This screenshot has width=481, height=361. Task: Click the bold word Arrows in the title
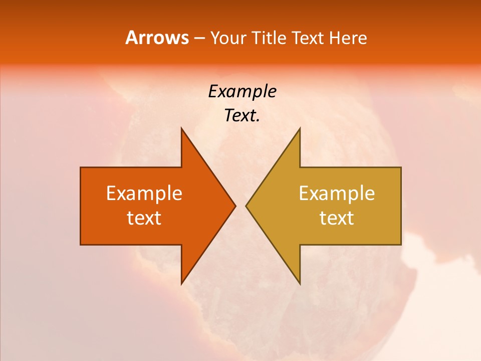(157, 38)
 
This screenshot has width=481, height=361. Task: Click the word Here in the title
(348, 38)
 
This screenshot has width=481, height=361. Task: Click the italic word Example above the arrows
(242, 92)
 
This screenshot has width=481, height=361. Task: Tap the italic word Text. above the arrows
(242, 116)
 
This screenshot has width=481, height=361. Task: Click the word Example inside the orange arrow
(144, 194)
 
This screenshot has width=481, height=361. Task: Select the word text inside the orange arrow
(144, 218)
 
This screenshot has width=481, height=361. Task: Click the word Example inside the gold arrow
(337, 194)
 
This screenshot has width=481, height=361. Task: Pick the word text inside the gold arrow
(337, 218)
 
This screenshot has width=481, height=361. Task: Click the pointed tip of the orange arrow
(235, 206)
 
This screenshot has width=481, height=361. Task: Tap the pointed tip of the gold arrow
(246, 206)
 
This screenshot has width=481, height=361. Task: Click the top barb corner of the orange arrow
(181, 128)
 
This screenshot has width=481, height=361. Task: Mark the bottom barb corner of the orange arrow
(181, 284)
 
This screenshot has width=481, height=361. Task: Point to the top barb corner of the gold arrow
(300, 128)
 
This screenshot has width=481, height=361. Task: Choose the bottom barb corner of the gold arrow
(300, 284)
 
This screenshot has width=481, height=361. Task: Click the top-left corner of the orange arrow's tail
(81, 167)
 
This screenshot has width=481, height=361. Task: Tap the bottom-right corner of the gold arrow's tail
(401, 244)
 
